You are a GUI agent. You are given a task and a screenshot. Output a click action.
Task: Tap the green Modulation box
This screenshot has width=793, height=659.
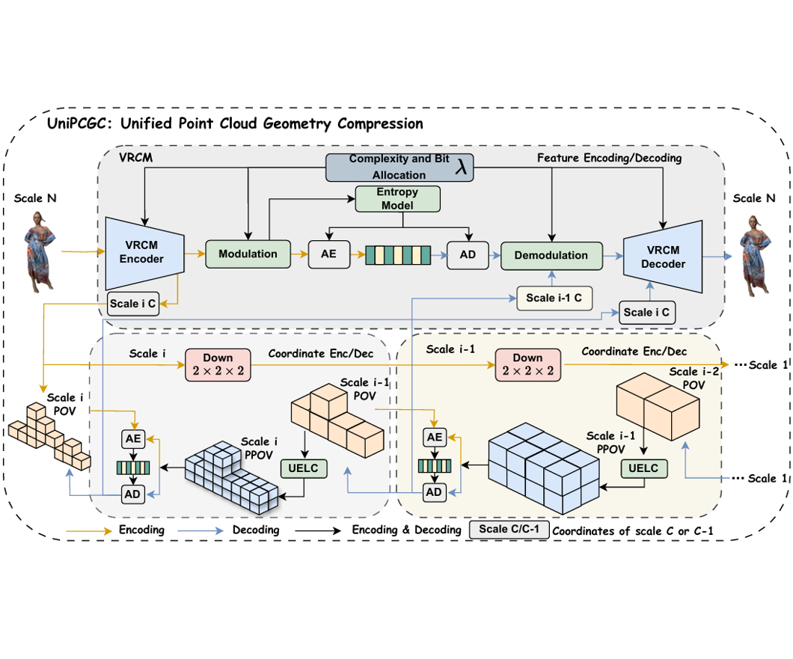coord(248,254)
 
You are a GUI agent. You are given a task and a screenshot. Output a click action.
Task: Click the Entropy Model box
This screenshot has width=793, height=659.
coord(398,198)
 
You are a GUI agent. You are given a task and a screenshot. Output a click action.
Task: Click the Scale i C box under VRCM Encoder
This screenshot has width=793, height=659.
coord(132,303)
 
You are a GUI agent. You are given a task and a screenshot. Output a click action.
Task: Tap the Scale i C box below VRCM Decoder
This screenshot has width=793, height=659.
coord(646,311)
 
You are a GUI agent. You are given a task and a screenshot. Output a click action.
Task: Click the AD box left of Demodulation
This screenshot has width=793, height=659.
coord(468,254)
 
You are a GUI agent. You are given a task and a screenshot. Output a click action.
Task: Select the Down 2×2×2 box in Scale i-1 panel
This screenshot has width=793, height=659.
coord(527,364)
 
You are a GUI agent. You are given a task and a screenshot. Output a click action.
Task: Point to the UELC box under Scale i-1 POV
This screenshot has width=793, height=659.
coord(302,469)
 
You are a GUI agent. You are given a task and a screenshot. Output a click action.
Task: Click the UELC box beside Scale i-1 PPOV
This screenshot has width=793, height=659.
coord(643,468)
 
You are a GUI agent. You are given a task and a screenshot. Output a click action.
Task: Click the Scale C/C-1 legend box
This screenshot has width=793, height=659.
coord(509,530)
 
